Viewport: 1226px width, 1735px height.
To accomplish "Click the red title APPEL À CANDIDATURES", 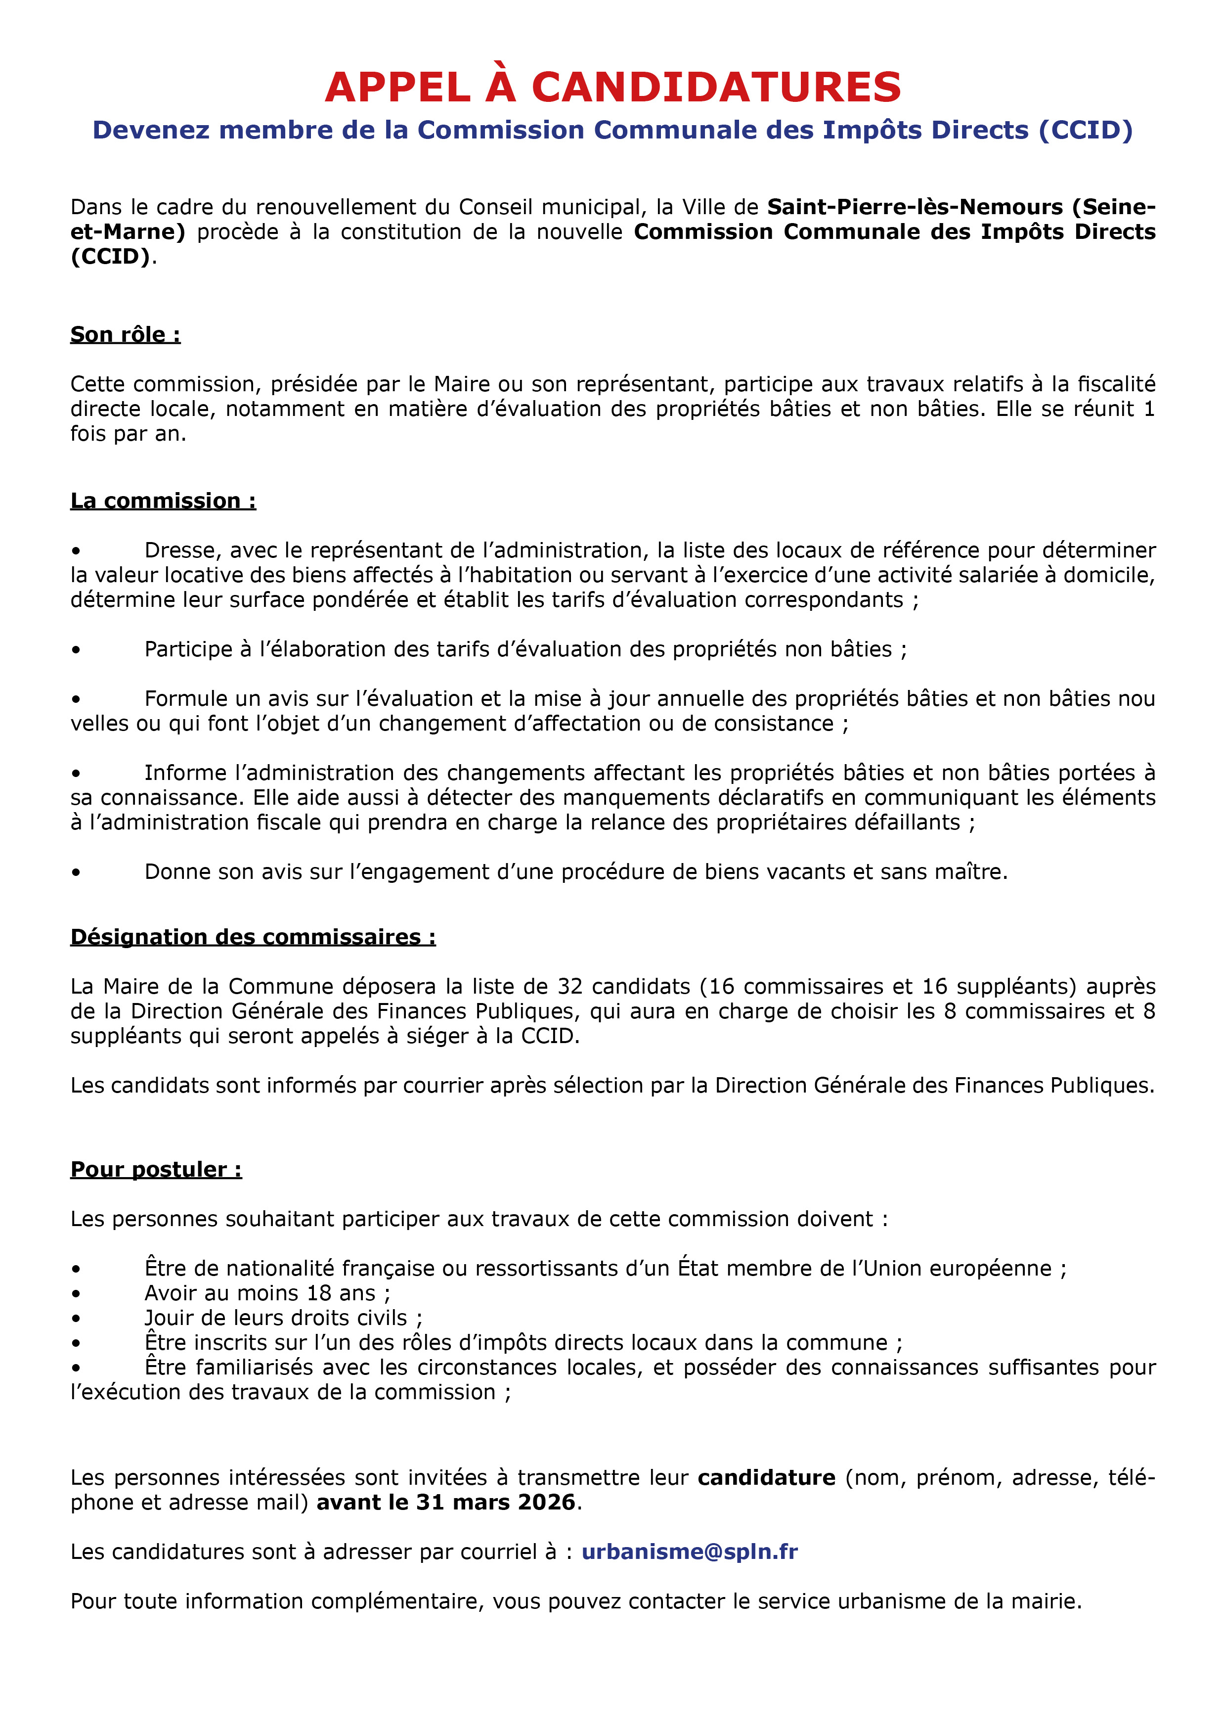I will (x=613, y=87).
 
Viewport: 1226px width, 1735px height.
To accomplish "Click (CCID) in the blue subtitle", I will (x=1086, y=130).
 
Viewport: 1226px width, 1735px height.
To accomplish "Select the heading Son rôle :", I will (x=126, y=335).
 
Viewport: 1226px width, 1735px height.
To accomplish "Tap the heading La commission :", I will (x=163, y=501).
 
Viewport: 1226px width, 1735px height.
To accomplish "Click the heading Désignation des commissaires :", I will (x=253, y=937).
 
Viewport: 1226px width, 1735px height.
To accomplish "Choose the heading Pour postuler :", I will (x=156, y=1170).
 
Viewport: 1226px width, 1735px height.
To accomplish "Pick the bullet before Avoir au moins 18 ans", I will (x=76, y=1294).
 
